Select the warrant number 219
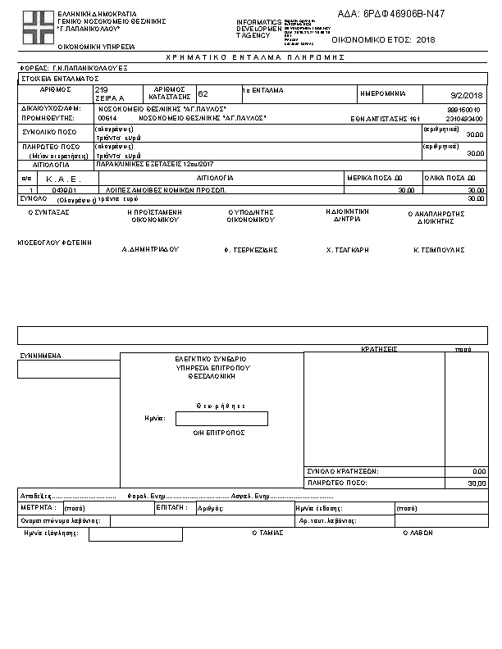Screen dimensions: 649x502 coord(102,89)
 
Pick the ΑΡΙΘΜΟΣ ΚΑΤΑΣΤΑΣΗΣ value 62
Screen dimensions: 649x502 coord(203,94)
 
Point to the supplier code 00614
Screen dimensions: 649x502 coord(107,118)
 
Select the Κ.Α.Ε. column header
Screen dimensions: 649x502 coord(61,178)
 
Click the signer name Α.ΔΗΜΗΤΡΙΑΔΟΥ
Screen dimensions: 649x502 coord(150,248)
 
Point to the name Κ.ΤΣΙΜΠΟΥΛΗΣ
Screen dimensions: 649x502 coord(440,247)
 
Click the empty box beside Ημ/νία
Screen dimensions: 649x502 coord(221,419)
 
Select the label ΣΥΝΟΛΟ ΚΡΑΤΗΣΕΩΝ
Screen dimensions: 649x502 coord(342,471)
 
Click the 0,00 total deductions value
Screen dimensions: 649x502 coord(479,471)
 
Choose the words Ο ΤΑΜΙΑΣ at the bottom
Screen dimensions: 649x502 coord(267,533)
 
